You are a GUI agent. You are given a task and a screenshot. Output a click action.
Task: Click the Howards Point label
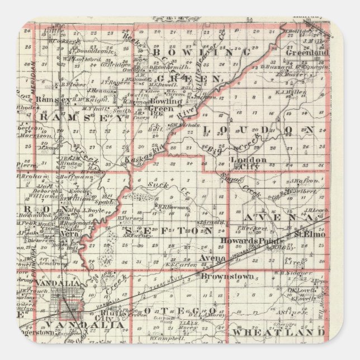point(245,241)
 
